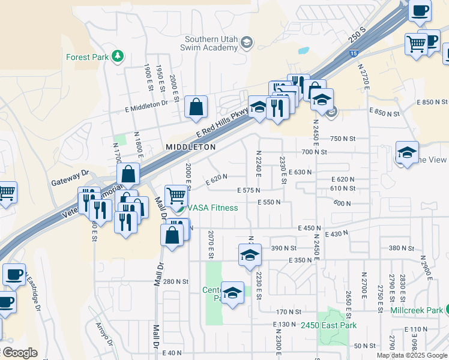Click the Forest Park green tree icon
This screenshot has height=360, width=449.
coord(118,57)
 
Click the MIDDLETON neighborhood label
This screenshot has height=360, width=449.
coord(190,146)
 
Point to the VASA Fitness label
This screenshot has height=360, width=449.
coord(213,208)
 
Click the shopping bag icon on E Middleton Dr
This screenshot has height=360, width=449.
coord(196,107)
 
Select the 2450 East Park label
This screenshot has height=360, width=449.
coord(329,326)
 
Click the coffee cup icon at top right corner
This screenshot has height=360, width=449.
coord(420,10)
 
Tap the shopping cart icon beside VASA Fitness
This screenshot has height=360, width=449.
coord(175,195)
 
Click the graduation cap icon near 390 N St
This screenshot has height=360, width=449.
coord(250,254)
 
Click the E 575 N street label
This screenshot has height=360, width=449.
coord(248,190)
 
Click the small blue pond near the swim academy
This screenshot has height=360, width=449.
coord(303,51)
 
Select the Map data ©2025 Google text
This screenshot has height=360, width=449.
coord(412,355)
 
